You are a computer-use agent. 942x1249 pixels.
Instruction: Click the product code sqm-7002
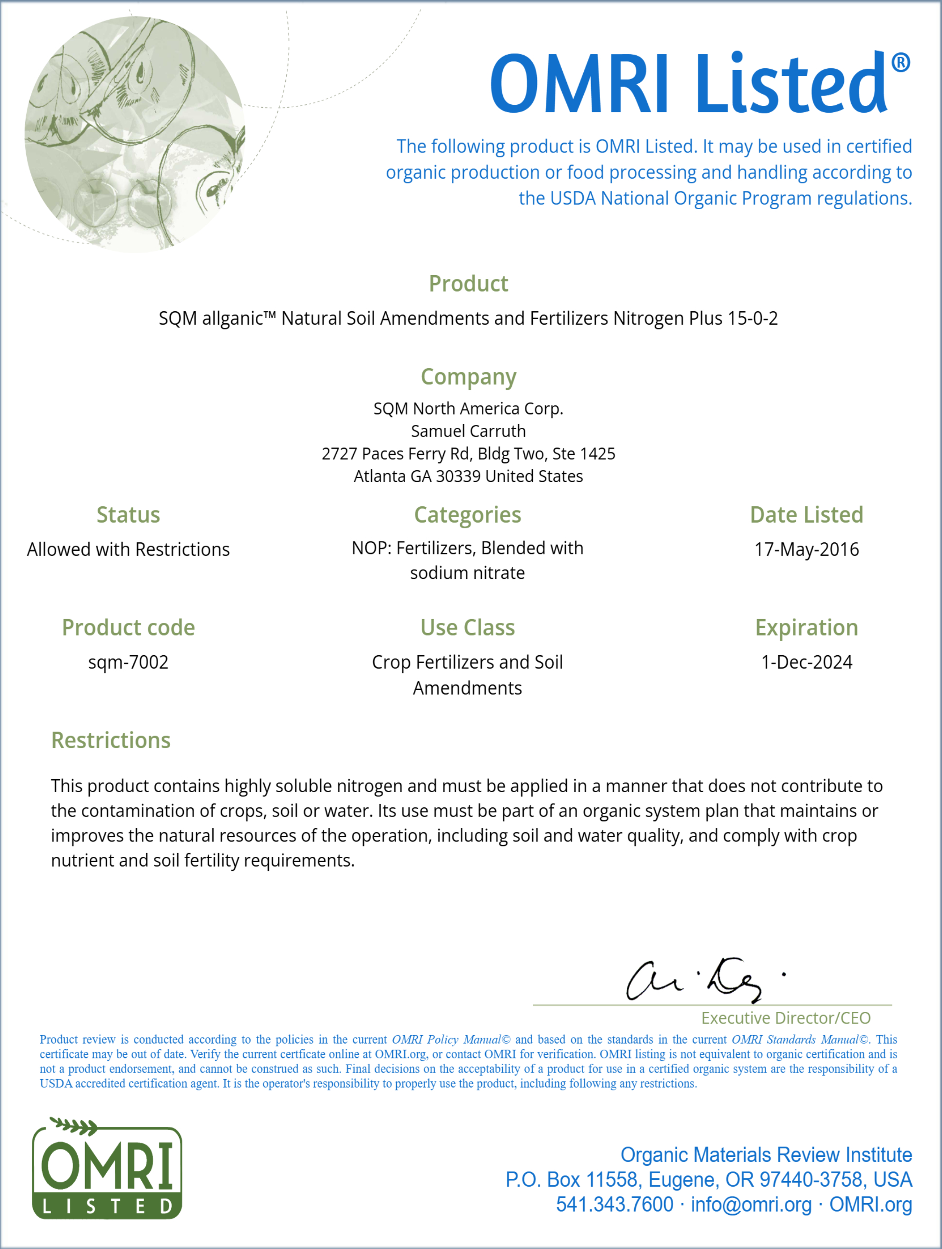128,662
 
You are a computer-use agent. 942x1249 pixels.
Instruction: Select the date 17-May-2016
806,549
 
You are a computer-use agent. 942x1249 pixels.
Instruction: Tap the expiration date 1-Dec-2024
806,662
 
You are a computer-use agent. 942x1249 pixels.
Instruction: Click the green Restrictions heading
111,740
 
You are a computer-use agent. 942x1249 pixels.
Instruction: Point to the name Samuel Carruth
468,431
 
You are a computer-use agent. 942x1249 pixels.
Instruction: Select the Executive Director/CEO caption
786,1018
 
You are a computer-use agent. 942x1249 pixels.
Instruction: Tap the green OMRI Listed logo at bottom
107,1169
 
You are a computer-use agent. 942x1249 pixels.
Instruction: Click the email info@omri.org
751,1205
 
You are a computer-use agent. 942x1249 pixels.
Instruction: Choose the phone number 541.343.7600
615,1205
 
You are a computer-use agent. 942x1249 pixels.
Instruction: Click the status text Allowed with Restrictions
128,549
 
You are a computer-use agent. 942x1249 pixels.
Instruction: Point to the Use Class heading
467,628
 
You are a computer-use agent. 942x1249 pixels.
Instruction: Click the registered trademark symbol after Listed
900,63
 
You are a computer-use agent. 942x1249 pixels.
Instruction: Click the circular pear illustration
136,134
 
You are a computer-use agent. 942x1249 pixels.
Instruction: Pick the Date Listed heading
806,514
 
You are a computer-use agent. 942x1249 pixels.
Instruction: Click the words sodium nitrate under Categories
467,573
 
